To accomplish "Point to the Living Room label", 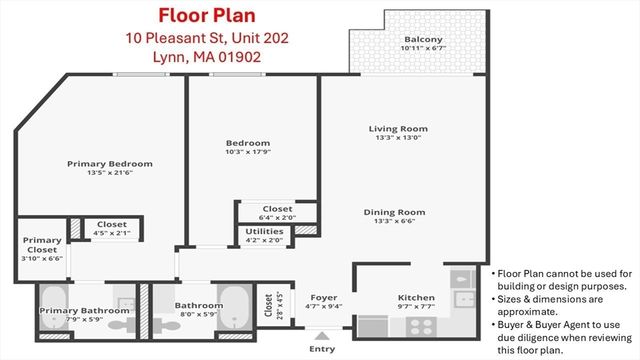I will [x=398, y=128].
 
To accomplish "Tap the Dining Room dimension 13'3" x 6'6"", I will [x=398, y=223].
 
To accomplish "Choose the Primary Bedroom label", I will [x=110, y=163].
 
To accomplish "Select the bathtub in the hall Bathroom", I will [x=236, y=304].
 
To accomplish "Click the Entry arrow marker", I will [x=321, y=337].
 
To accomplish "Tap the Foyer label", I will [x=324, y=297].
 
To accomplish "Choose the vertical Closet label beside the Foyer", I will [x=267, y=304].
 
